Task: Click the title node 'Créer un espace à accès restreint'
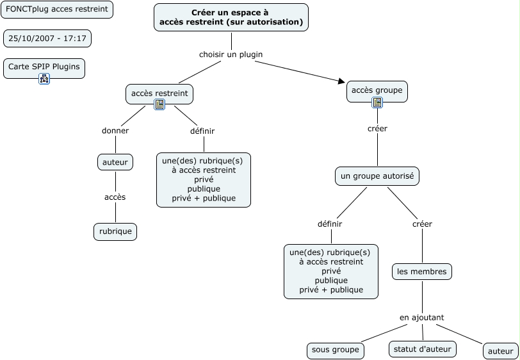click(x=231, y=17)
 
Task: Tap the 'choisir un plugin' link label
click(x=231, y=54)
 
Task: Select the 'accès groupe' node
click(x=377, y=90)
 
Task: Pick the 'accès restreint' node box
click(x=159, y=94)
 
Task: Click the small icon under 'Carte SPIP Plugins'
click(x=44, y=79)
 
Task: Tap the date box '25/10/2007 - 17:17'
click(x=47, y=38)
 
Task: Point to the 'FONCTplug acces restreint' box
click(x=57, y=10)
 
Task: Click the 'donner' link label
click(x=115, y=131)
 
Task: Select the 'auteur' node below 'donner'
click(x=115, y=162)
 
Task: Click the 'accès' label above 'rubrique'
click(x=115, y=197)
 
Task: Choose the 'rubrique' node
click(x=115, y=231)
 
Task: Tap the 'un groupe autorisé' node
click(x=377, y=176)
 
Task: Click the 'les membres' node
click(x=422, y=272)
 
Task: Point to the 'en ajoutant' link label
click(x=422, y=317)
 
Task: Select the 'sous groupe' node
click(x=336, y=350)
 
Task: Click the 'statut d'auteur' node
click(x=423, y=349)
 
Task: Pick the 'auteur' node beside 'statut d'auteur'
click(x=501, y=351)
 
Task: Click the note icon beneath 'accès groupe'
click(x=377, y=102)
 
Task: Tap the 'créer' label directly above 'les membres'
click(x=422, y=224)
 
